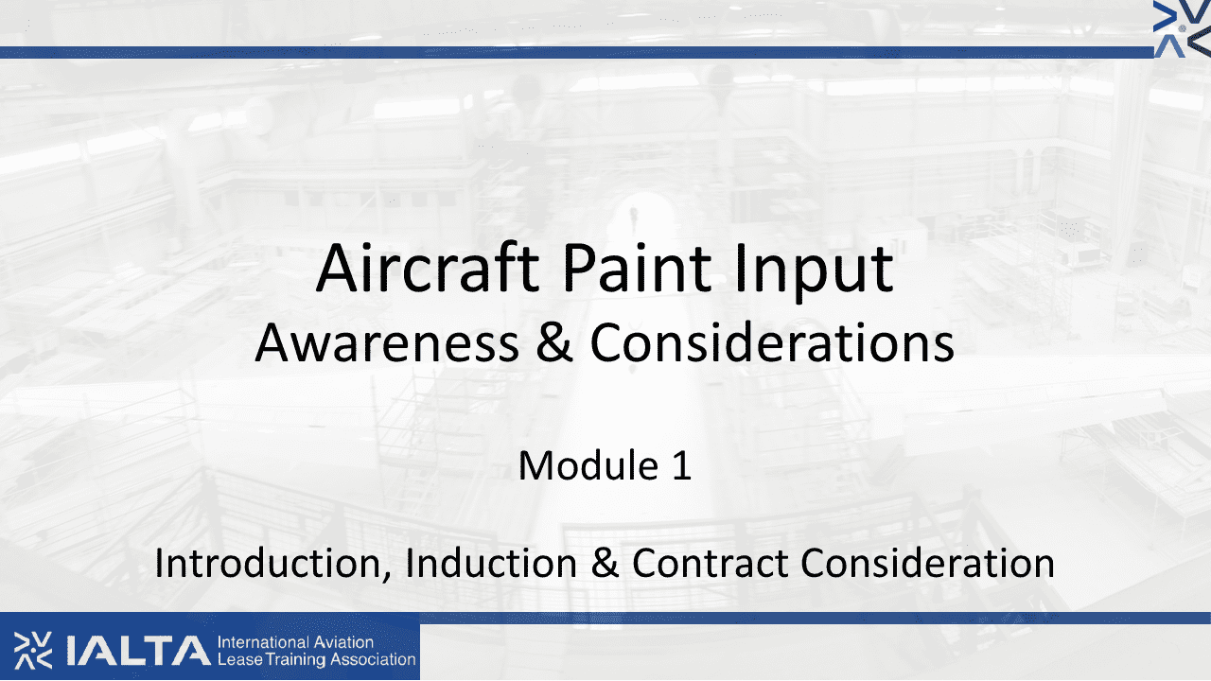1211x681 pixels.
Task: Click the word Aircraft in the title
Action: (x=428, y=269)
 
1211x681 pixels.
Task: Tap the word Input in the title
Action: (x=815, y=273)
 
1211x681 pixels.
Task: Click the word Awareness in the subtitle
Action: (x=387, y=343)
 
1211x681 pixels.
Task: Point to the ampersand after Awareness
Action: (x=554, y=342)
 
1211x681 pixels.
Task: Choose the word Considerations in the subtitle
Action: (x=772, y=342)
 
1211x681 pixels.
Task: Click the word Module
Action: (x=588, y=465)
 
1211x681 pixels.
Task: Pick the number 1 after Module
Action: (x=682, y=465)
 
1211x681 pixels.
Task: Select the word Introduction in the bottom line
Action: (x=273, y=565)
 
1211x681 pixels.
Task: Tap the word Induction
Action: (x=491, y=563)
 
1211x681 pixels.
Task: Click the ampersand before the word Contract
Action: (x=605, y=563)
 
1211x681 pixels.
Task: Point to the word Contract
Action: (x=710, y=563)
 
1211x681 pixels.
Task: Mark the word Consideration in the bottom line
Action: (x=928, y=563)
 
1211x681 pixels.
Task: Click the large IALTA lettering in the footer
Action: (x=138, y=651)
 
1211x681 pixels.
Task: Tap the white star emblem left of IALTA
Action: (x=33, y=650)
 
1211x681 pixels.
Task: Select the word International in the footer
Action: (x=263, y=642)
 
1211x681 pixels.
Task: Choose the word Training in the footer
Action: (x=296, y=660)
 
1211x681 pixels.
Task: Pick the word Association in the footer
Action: (x=373, y=659)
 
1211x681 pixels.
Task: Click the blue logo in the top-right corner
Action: (x=1182, y=28)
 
